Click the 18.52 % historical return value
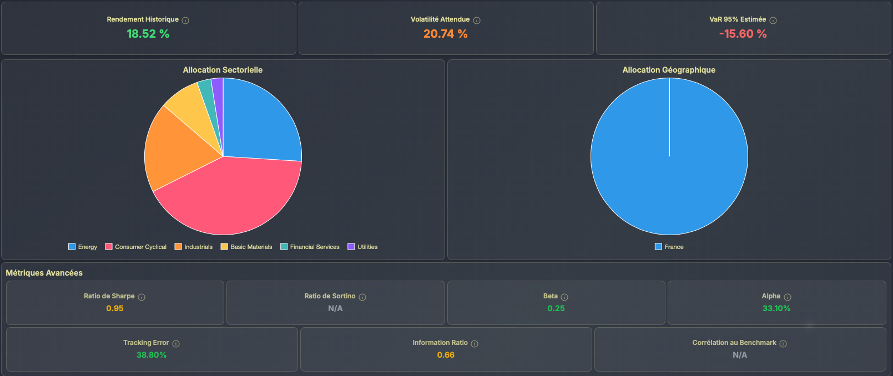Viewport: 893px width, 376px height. (148, 34)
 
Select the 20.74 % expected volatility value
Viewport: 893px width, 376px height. (445, 34)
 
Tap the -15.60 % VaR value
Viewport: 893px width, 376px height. (743, 34)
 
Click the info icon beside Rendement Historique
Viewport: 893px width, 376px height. (185, 21)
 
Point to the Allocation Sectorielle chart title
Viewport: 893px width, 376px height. (223, 70)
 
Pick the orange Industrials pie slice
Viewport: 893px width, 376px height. (172, 150)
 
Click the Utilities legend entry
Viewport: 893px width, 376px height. (363, 247)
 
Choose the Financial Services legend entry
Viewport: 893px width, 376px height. (310, 247)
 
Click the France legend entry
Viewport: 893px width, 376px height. (669, 247)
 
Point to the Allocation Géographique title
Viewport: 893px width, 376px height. (669, 70)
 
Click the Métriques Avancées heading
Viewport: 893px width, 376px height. (44, 273)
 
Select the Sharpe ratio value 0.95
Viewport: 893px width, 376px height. (115, 308)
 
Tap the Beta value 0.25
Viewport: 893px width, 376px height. (556, 308)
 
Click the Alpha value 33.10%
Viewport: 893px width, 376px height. (776, 308)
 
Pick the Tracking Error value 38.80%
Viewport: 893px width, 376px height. (152, 355)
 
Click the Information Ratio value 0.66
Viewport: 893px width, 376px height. (446, 355)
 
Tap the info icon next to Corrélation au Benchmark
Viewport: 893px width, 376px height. (783, 344)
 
